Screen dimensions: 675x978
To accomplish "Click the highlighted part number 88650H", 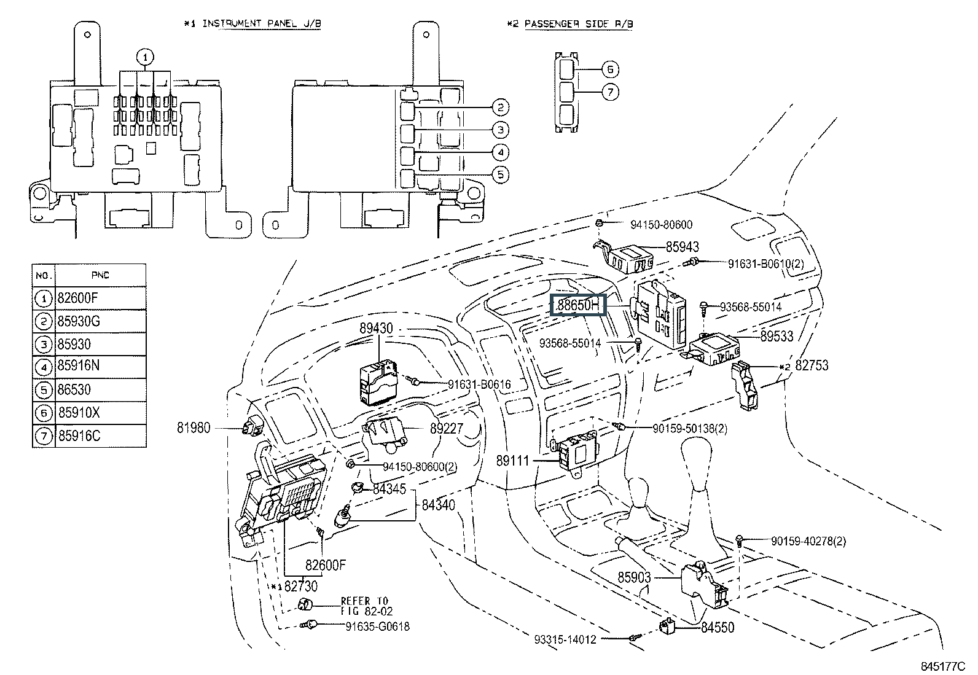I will pos(579,304).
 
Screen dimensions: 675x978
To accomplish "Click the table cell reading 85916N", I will pos(78,366).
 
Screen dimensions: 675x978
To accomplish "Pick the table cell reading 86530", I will pos(74,389).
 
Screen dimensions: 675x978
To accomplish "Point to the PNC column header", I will pos(100,275).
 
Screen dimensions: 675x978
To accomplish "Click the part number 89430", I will pos(377,329).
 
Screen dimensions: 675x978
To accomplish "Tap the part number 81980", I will pos(194,427).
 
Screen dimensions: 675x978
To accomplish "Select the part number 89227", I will pos(446,429).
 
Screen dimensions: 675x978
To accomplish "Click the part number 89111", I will pos(513,459).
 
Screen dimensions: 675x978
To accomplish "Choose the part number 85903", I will pos(634,577).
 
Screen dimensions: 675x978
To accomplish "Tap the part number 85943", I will pos(683,247).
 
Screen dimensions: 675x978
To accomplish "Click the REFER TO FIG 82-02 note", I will pos(366,606).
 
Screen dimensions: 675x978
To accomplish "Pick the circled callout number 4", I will pos(500,152).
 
